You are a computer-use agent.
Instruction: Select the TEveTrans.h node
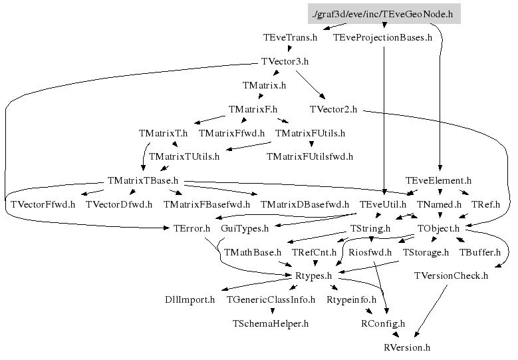(x=290, y=38)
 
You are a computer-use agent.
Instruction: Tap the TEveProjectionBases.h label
(x=382, y=38)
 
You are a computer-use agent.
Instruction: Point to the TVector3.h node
(x=285, y=62)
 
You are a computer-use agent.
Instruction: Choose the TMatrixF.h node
(x=253, y=109)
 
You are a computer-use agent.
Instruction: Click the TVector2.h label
(x=333, y=109)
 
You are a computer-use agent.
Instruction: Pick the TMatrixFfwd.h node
(x=231, y=133)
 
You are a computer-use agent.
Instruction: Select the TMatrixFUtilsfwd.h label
(x=309, y=157)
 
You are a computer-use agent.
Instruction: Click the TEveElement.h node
(x=438, y=181)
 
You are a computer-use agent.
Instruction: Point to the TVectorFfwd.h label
(x=43, y=204)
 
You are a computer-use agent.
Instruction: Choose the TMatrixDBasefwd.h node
(x=305, y=204)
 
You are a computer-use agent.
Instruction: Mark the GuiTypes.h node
(x=244, y=229)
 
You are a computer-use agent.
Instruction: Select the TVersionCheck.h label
(x=451, y=276)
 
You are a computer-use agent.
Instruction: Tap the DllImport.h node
(x=190, y=300)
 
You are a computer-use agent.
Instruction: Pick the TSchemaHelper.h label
(x=271, y=324)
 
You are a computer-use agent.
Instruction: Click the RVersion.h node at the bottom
(x=407, y=348)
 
